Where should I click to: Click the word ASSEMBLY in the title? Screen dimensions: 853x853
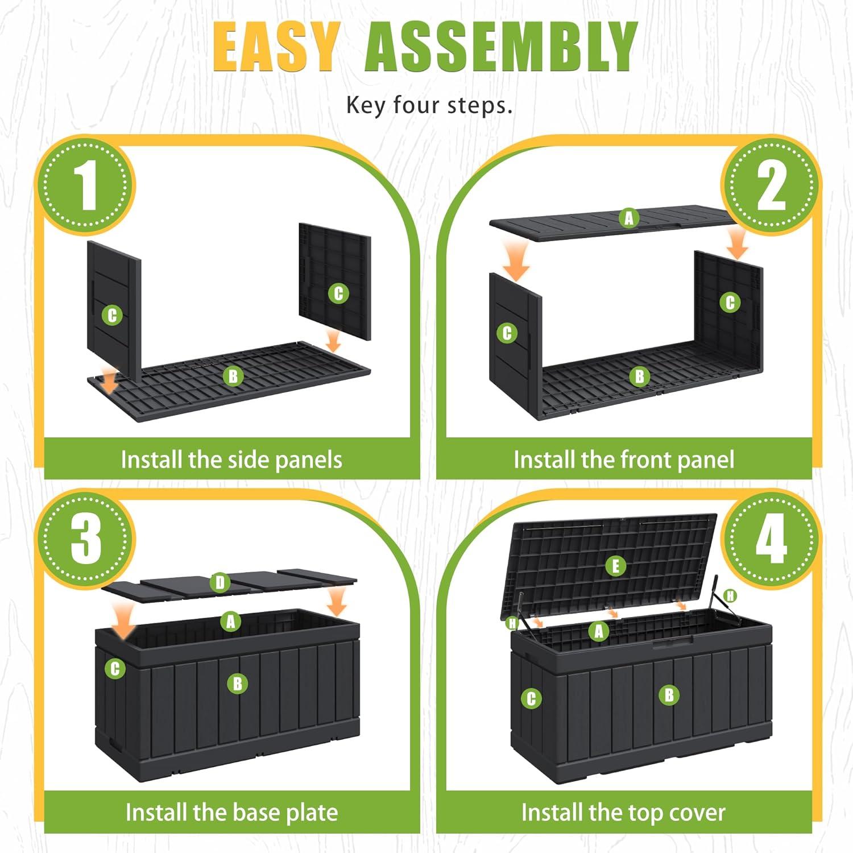[502, 48]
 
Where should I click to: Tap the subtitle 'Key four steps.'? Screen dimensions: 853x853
[429, 106]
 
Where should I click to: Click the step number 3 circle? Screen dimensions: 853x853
[86, 538]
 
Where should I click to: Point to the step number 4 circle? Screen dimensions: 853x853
[771, 538]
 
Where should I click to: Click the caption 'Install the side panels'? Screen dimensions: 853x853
[231, 459]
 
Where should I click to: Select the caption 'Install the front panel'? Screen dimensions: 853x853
[624, 459]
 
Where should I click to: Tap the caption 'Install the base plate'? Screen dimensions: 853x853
[231, 813]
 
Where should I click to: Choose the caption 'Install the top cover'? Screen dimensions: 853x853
[623, 813]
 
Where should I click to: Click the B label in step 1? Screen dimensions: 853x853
[233, 376]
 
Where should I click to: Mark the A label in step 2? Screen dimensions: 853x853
[628, 218]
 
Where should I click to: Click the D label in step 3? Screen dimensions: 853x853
[220, 582]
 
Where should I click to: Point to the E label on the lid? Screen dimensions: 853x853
[615, 566]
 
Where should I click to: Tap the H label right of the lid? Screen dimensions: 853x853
[730, 595]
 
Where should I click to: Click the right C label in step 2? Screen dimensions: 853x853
[730, 303]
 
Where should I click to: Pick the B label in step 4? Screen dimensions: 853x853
[669, 694]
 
